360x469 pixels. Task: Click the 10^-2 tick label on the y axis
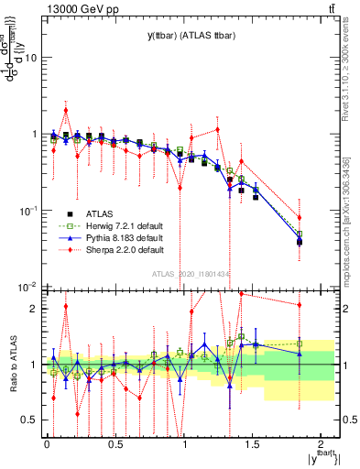coord(29,288)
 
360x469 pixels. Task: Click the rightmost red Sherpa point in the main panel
coord(300,217)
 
